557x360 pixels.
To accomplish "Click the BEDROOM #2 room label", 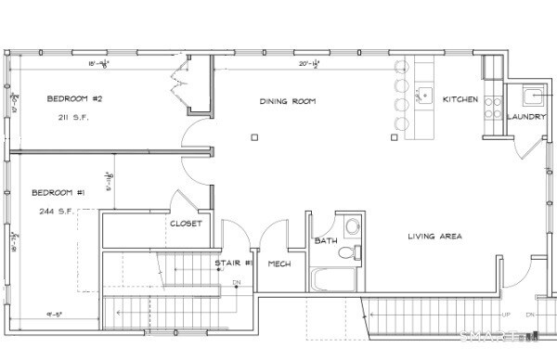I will [73, 98].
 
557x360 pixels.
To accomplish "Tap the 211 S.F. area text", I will [72, 119].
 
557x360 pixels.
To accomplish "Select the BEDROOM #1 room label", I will [58, 192].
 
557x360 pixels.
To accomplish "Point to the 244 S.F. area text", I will [58, 212].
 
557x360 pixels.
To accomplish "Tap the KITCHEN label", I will [460, 99].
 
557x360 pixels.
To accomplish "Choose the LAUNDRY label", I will [525, 117].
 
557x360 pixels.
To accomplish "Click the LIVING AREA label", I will [434, 237].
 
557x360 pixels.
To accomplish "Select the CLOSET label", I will [185, 224].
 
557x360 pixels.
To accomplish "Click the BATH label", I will [325, 241].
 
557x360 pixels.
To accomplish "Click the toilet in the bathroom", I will [349, 251].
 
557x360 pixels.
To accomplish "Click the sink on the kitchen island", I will [425, 93].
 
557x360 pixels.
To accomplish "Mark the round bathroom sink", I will [350, 225].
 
